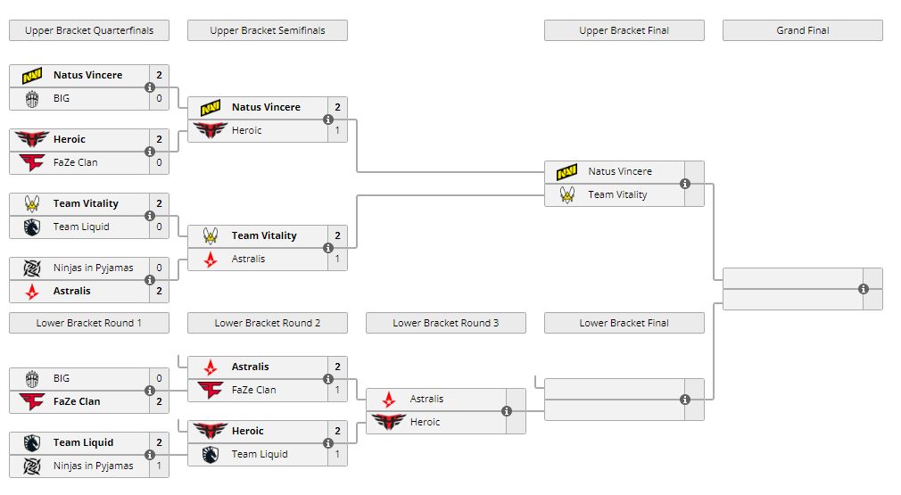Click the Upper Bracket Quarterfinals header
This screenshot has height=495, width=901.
(89, 30)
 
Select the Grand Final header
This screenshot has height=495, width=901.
(802, 30)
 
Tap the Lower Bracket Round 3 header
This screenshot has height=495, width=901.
(445, 323)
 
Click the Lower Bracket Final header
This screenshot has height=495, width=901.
(624, 323)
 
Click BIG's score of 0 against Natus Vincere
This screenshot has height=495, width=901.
(159, 98)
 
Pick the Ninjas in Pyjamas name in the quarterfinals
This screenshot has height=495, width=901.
(93, 268)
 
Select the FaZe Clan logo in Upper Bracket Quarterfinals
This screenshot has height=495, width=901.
(32, 162)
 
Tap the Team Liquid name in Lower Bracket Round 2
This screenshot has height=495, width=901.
(260, 454)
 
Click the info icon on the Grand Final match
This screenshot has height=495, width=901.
(864, 289)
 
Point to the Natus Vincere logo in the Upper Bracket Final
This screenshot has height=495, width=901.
(567, 171)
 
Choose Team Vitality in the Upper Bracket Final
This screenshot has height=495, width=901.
(617, 194)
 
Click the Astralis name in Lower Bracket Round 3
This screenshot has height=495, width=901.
(426, 399)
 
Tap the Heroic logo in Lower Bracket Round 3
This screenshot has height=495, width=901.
(389, 422)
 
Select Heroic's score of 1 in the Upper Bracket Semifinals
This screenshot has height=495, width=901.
(337, 130)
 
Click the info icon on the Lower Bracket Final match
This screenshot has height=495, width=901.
(685, 400)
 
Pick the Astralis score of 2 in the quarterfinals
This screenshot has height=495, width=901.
(159, 291)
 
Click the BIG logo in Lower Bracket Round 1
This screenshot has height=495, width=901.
(32, 378)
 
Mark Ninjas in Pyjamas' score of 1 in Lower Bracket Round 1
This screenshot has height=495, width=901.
(159, 466)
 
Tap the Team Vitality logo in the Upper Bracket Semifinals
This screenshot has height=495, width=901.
(211, 235)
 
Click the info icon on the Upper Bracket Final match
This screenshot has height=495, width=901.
(685, 184)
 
